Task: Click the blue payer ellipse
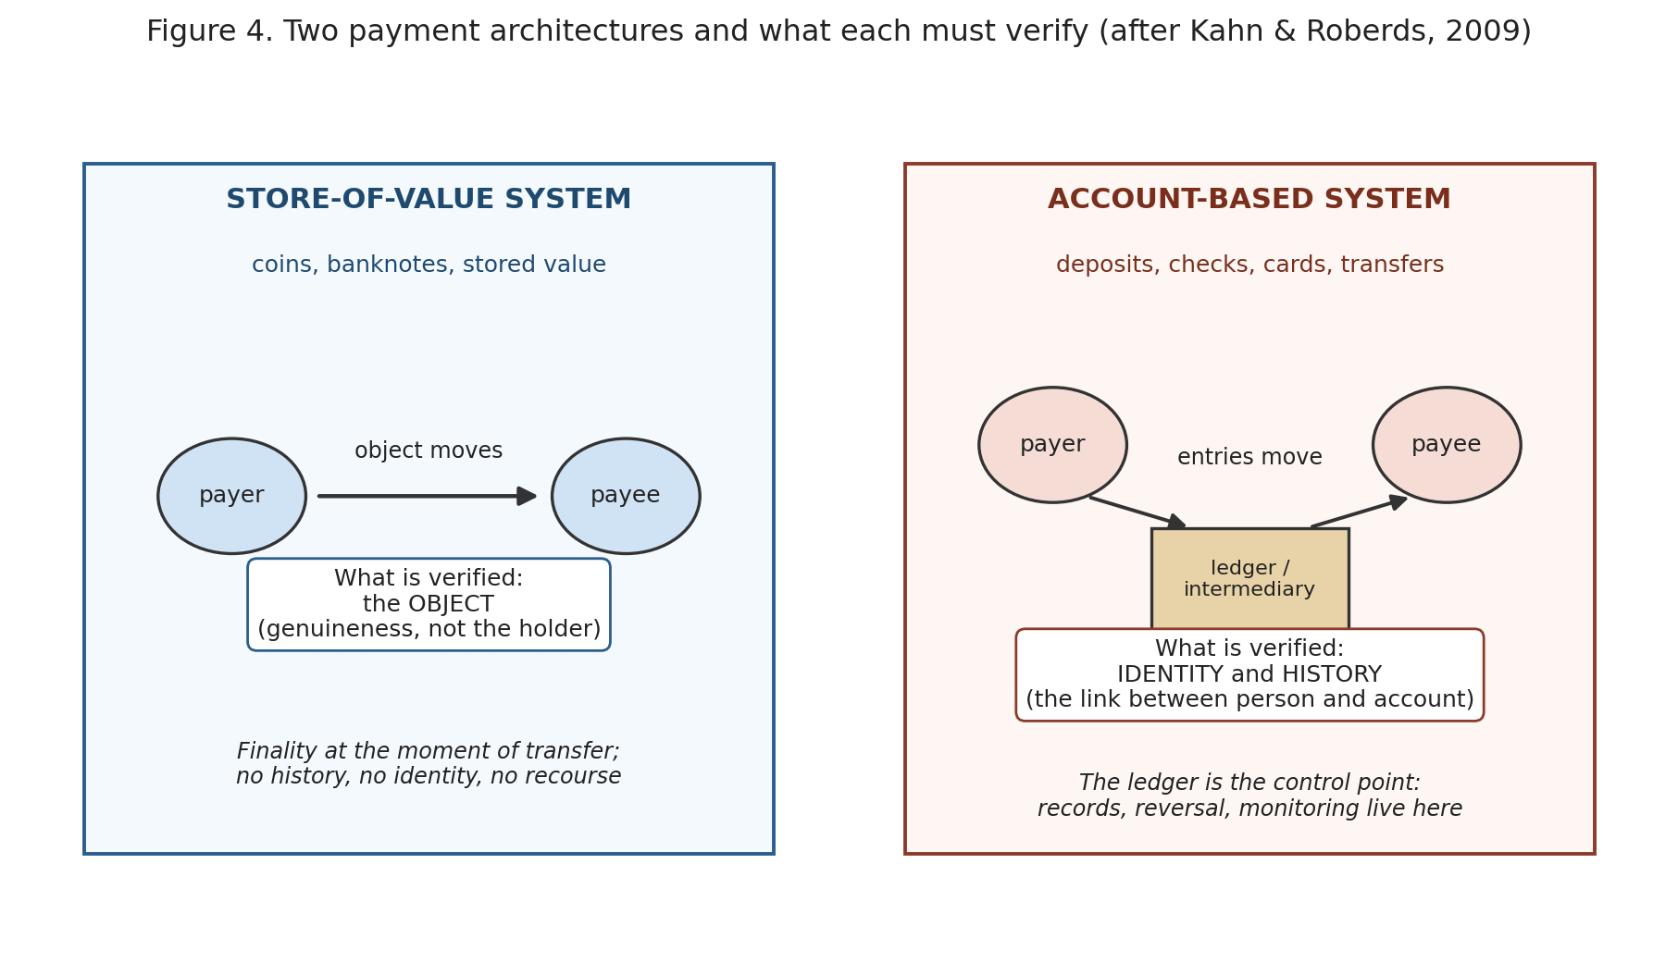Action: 231,496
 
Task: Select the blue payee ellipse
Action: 626,496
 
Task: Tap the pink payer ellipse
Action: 1052,445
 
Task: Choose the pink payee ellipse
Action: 1447,445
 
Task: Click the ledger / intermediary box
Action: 1249,579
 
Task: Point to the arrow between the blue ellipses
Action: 428,496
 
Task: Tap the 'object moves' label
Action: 429,451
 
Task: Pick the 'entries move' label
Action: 1249,458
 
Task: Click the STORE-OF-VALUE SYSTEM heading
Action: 429,200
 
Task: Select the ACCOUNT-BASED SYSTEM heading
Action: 1249,200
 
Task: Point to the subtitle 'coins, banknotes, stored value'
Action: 429,265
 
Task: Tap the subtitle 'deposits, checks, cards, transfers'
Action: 1249,265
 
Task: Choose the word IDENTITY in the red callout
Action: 1172,675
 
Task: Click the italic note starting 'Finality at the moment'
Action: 429,764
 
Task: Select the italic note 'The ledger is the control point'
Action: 1249,796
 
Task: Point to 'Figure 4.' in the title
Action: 209,32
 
